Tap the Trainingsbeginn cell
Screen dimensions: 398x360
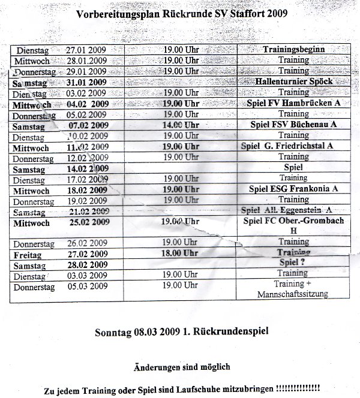pos(293,50)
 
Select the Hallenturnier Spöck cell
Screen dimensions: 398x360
pos(293,82)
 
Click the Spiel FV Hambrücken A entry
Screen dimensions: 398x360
pos(293,103)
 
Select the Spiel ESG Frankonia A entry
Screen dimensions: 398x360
pos(293,189)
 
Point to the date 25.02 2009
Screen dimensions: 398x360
pos(88,222)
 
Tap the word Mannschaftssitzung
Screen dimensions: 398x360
pos(293,295)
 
